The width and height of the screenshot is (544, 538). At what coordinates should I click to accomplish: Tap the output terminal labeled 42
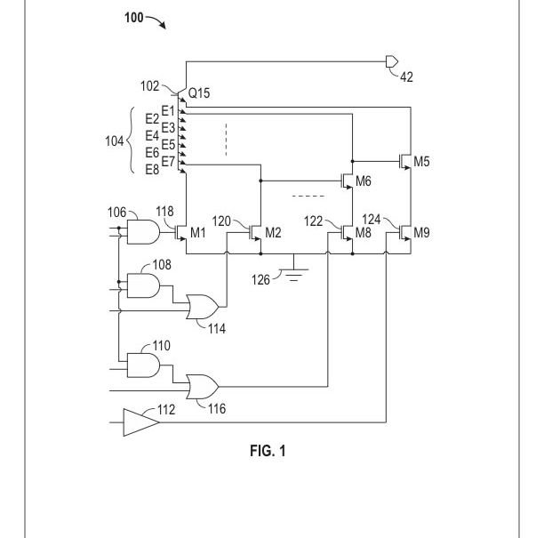tap(391, 62)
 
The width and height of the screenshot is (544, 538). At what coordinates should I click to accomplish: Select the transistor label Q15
tap(198, 92)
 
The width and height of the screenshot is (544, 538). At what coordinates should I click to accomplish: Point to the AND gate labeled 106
tap(143, 233)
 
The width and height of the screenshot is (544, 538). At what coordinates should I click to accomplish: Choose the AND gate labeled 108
tap(143, 285)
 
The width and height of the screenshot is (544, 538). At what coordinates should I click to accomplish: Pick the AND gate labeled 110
tap(143, 365)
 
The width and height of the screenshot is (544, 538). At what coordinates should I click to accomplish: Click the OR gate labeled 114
tap(203, 308)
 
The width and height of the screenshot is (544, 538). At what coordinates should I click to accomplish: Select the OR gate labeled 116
tap(203, 387)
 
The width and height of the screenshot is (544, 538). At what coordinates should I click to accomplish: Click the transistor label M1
tap(197, 233)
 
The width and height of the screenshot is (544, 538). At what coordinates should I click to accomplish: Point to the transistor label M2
tap(273, 233)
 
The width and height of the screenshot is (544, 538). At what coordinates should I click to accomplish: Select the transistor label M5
tap(421, 161)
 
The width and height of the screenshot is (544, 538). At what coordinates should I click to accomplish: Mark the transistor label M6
tap(363, 181)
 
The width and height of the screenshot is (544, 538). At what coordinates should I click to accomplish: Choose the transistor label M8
tap(363, 233)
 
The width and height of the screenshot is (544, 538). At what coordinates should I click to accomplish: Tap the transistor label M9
tap(421, 233)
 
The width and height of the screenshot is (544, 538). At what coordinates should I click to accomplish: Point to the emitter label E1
tap(168, 109)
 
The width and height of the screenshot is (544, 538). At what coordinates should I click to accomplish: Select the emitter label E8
tap(152, 170)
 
